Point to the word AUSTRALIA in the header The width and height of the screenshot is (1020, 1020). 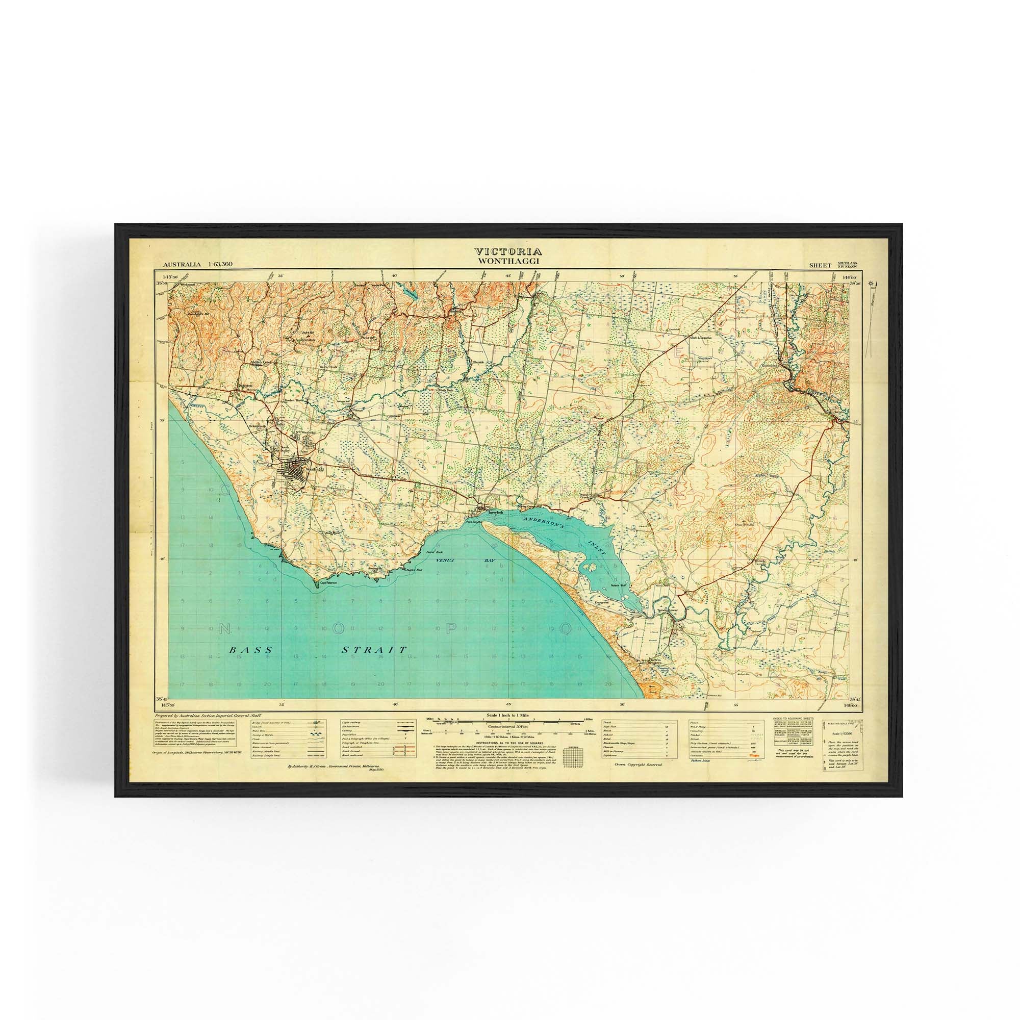coord(182,264)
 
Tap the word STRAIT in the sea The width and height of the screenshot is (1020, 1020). coord(374,650)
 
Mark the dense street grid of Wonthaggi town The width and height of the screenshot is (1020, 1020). coord(295,468)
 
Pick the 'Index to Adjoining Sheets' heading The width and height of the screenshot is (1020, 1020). coord(794,719)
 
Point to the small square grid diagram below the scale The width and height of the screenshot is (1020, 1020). coord(572,756)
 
